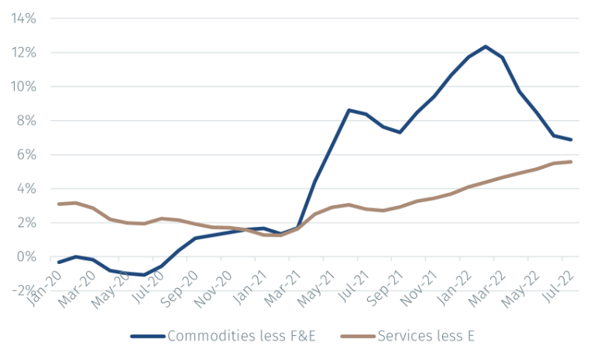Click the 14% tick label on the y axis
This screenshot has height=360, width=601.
pos(24,18)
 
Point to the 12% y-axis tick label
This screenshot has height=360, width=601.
pos(24,52)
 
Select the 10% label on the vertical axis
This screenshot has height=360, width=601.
pos(24,86)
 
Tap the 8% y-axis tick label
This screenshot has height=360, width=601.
pos(26,120)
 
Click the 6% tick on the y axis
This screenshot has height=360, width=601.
pos(26,154)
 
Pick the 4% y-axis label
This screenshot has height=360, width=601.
pos(26,188)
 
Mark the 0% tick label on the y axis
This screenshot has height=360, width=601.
pos(26,256)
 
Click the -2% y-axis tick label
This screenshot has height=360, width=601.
pos(24,290)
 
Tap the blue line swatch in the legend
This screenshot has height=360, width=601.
pos(147,337)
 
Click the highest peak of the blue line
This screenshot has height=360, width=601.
pos(485,46)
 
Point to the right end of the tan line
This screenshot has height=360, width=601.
pos(572,161)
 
